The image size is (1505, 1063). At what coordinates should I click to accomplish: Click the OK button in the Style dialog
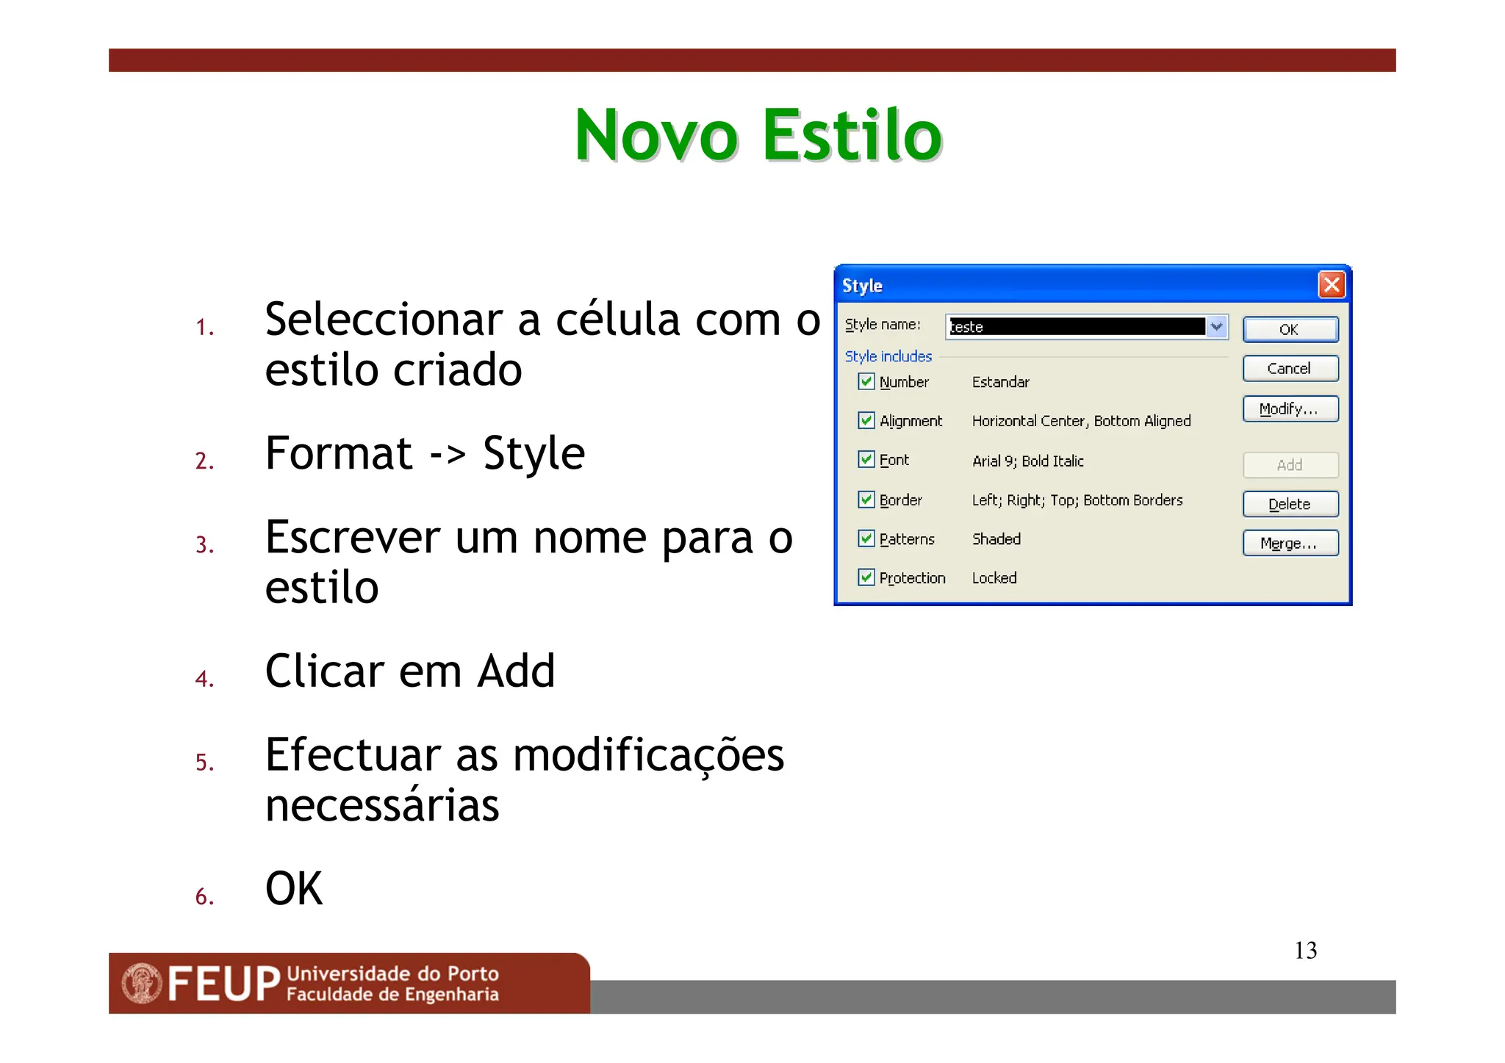[x=1290, y=329]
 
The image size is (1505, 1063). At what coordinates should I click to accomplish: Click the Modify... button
[x=1290, y=408]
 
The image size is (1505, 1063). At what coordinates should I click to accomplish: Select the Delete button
[x=1290, y=504]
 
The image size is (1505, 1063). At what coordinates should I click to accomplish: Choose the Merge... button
[x=1290, y=543]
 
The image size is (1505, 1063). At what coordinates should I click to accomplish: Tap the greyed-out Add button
[x=1290, y=464]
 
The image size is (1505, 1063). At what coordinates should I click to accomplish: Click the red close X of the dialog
[x=1332, y=284]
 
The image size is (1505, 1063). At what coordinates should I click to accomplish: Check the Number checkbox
[x=866, y=381]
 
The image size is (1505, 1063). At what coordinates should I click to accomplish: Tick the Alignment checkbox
[x=866, y=420]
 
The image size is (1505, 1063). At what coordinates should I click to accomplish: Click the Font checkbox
[x=866, y=460]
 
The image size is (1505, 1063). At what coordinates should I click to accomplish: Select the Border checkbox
[x=866, y=500]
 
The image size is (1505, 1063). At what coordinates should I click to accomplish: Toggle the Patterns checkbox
[x=866, y=538]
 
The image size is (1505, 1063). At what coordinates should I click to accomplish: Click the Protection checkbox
[x=866, y=577]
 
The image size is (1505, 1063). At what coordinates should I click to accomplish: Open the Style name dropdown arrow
[x=1217, y=326]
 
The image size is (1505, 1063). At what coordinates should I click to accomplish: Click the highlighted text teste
[x=967, y=327]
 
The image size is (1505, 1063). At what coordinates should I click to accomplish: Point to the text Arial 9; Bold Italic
[x=1027, y=461]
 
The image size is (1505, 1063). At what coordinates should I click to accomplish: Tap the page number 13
[x=1305, y=951]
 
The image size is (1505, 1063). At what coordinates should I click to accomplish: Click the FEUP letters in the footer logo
[x=224, y=984]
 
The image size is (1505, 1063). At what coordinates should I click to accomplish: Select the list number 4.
[x=204, y=678]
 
